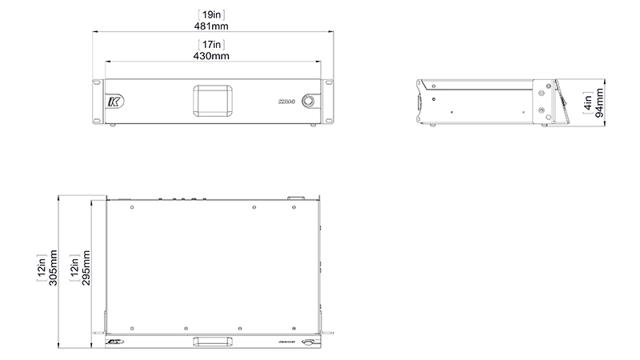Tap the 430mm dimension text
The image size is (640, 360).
tap(211, 56)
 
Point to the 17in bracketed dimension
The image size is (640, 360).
tap(211, 45)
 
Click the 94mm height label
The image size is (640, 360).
tap(599, 102)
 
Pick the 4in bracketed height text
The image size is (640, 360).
tap(588, 102)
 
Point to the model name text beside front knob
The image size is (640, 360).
tap(286, 102)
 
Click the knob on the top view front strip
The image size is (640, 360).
tap(307, 342)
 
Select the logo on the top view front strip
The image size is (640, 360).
tap(113, 342)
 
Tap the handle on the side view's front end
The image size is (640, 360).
tap(422, 102)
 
